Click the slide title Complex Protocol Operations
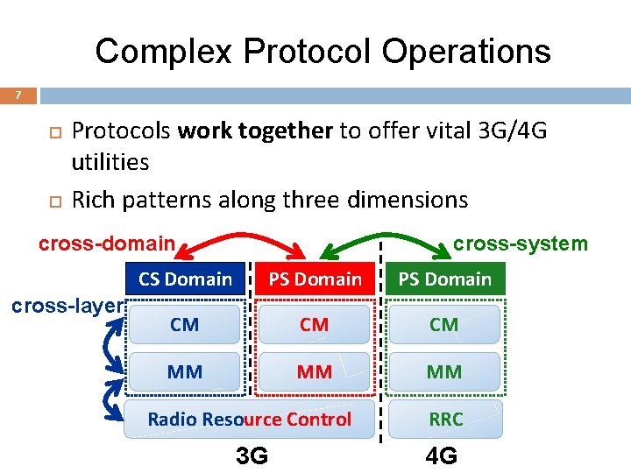click(323, 51)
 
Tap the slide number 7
click(18, 95)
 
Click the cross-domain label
click(107, 243)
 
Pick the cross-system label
click(521, 244)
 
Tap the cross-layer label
click(66, 307)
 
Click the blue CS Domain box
click(185, 279)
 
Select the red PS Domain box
click(315, 279)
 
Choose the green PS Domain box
click(445, 279)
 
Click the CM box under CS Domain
click(185, 325)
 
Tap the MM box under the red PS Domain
click(315, 371)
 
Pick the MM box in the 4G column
click(444, 371)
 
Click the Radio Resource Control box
click(250, 419)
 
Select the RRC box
click(445, 419)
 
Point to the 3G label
click(252, 455)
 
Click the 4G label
click(441, 455)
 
